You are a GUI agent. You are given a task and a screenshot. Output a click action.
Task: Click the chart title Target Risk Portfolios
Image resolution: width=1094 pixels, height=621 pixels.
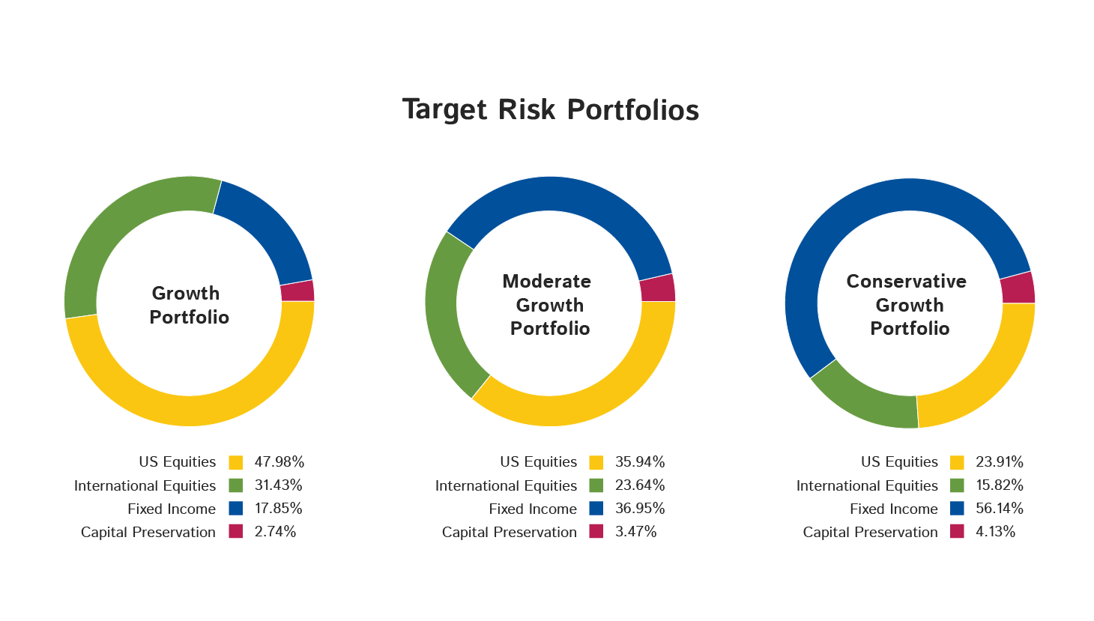[x=551, y=109]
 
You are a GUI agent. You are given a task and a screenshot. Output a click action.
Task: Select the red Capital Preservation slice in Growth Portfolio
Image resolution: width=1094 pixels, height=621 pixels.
[x=297, y=291]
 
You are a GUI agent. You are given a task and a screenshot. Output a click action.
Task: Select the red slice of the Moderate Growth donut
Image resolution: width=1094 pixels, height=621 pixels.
[x=658, y=288]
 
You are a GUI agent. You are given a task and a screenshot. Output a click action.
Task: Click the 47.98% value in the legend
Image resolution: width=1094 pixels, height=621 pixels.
[x=279, y=462]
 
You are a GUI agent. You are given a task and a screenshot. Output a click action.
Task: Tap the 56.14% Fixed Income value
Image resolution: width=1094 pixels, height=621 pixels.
[x=1000, y=508]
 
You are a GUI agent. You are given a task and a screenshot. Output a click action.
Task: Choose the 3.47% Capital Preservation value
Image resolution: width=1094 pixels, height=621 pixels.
[x=636, y=531]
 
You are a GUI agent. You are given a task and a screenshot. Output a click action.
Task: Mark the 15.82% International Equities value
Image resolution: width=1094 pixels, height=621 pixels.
[x=1000, y=485]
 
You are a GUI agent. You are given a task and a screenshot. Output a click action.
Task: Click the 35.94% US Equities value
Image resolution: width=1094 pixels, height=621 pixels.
[x=640, y=462]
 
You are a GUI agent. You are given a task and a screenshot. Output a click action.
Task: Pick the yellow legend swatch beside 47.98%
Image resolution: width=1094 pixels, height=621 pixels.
[x=236, y=462]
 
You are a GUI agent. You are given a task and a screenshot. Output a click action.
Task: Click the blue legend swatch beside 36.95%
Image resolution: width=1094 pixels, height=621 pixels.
[x=596, y=508]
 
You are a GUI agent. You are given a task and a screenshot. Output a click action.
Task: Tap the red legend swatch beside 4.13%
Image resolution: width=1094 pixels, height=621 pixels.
[x=958, y=531]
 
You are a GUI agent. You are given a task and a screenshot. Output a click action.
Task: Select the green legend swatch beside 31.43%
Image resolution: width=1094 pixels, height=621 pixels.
[x=236, y=485]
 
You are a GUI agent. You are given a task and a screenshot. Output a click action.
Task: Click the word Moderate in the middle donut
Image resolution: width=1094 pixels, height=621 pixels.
[x=546, y=281]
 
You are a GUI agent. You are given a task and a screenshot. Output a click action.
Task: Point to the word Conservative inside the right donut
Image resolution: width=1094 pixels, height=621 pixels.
[x=907, y=281]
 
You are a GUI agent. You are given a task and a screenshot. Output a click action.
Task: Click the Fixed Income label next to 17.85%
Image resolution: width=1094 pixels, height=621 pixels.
[x=172, y=509]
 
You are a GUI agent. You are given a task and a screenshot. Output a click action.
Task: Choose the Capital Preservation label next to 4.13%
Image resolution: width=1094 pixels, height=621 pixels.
[x=870, y=532]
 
